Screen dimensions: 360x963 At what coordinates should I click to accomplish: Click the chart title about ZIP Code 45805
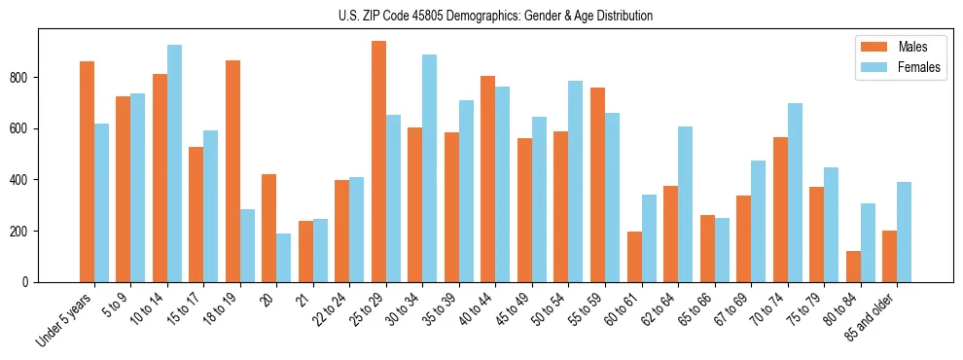pos(481,16)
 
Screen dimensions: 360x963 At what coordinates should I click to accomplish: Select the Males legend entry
pos(898,47)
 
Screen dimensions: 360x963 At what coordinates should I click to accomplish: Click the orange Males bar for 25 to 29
pos(378,162)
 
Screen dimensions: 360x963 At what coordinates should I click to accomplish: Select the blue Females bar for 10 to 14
pos(174,163)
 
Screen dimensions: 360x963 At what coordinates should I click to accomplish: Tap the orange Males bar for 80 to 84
pos(853,267)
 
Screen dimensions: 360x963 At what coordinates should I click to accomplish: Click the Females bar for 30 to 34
pos(429,168)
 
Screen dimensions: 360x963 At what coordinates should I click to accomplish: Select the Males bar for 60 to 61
pos(634,257)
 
